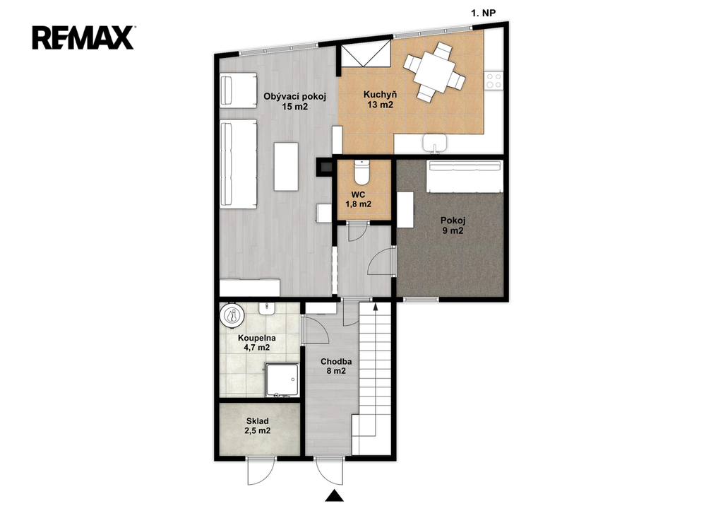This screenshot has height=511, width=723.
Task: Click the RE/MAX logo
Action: pyautogui.click(x=83, y=37)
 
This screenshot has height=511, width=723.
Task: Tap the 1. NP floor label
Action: pyautogui.click(x=483, y=13)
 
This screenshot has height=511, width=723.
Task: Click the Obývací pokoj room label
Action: pyautogui.click(x=295, y=97)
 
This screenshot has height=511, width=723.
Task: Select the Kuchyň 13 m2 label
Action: pyautogui.click(x=380, y=100)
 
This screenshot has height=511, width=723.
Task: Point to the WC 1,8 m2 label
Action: pyautogui.click(x=358, y=199)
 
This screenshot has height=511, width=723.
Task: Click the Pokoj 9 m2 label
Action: pyautogui.click(x=453, y=225)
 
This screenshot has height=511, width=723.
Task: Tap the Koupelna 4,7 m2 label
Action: pyautogui.click(x=257, y=343)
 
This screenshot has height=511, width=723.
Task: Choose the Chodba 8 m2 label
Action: pyautogui.click(x=336, y=366)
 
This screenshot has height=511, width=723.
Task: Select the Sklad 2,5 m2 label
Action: pyautogui.click(x=257, y=425)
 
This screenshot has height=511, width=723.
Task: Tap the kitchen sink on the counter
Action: pyautogui.click(x=435, y=143)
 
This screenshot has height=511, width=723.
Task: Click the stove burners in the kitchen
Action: pyautogui.click(x=494, y=81)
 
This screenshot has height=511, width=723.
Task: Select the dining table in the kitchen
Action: pyautogui.click(x=434, y=71)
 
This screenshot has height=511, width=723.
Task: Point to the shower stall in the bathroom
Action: pyautogui.click(x=282, y=380)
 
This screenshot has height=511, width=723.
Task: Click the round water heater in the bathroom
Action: pyautogui.click(x=233, y=316)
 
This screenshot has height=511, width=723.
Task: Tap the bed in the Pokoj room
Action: pyautogui.click(x=465, y=176)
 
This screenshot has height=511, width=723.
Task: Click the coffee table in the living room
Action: pyautogui.click(x=286, y=167)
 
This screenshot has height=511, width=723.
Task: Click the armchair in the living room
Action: pyautogui.click(x=238, y=91)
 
